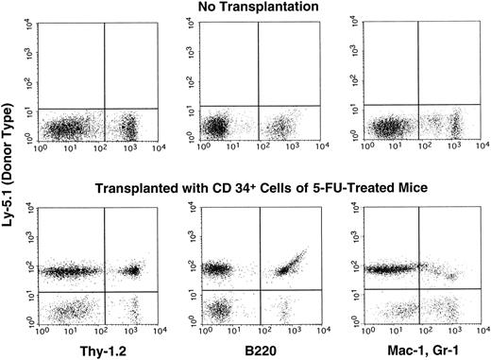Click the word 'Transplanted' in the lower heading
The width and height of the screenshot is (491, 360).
pos(142,186)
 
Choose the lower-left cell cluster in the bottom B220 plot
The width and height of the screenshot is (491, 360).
pos(219,308)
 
